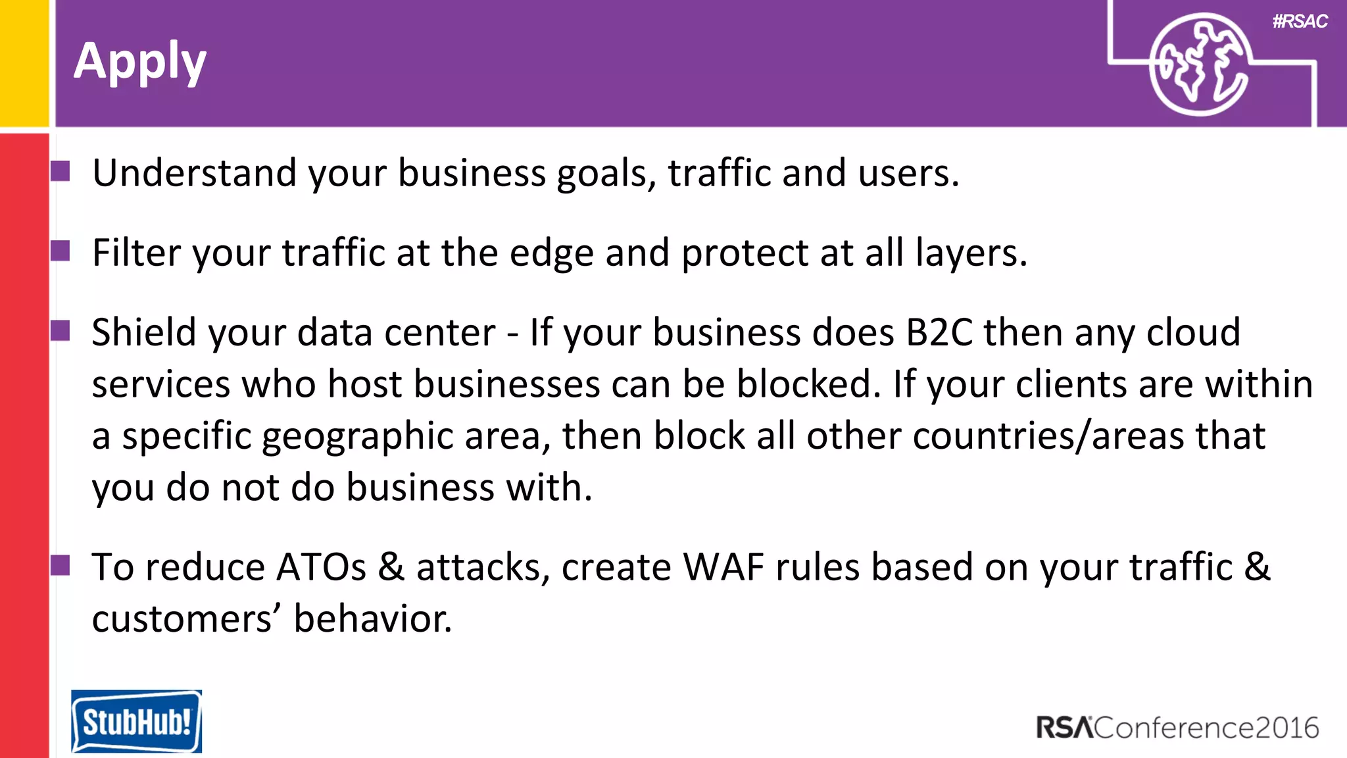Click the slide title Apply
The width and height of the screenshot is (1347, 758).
click(140, 62)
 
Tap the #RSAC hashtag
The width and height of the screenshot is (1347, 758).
click(1300, 22)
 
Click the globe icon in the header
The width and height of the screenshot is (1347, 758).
click(1199, 64)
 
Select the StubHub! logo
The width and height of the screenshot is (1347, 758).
click(136, 721)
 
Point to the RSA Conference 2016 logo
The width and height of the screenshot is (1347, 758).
click(1177, 728)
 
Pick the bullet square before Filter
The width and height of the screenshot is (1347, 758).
click(61, 251)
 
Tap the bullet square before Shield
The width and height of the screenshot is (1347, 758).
click(61, 330)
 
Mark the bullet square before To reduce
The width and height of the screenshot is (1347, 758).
click(61, 565)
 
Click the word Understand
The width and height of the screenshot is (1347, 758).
click(194, 173)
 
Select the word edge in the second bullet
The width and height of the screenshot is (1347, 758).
click(551, 254)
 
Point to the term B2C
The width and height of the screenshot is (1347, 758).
click(939, 332)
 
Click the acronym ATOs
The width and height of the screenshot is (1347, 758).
click(321, 567)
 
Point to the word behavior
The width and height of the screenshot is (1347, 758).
click(372, 619)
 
